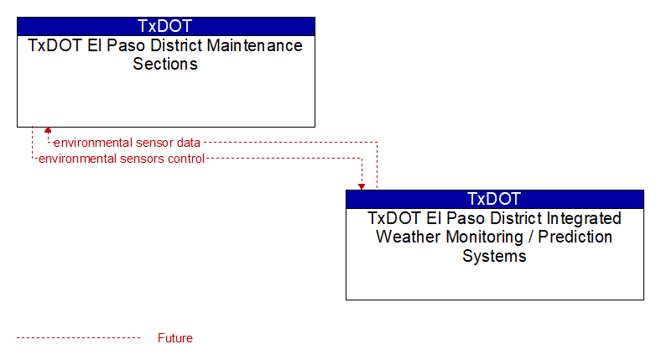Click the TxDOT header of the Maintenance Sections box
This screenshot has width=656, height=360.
(165, 26)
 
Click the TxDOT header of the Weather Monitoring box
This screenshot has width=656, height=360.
(494, 199)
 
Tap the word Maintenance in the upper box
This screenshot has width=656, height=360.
(255, 45)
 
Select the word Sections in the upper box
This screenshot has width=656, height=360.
(165, 64)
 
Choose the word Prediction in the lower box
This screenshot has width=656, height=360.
(575, 237)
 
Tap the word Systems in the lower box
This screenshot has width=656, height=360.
(494, 256)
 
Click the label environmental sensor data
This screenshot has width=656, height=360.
(128, 143)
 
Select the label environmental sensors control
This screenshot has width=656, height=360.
(122, 159)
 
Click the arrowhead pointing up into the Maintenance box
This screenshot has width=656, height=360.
(48, 130)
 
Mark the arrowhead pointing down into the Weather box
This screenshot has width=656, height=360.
(362, 186)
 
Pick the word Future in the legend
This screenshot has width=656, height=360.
(175, 338)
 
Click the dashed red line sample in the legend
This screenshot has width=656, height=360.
(79, 338)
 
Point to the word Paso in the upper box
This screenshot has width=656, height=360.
(125, 45)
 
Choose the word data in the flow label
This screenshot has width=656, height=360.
(189, 143)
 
